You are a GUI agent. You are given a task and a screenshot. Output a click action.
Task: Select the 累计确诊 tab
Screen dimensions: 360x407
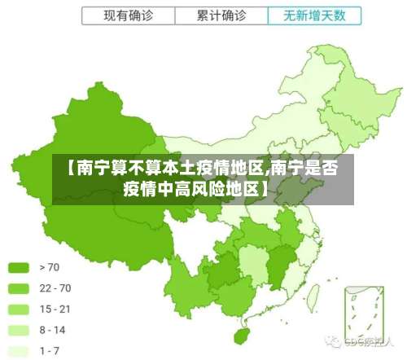(221, 15)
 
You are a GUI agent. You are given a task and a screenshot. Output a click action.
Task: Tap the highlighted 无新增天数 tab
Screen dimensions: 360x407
(313, 15)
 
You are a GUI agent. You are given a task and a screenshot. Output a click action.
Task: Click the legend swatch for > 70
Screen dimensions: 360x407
(19, 267)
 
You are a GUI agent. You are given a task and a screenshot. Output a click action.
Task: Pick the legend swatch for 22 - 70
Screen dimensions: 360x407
(19, 288)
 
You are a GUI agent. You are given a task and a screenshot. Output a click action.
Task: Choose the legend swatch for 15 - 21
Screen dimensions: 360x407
(19, 310)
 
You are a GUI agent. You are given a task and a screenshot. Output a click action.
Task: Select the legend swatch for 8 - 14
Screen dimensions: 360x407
(19, 331)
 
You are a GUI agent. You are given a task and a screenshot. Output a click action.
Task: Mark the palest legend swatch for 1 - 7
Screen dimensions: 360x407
(19, 352)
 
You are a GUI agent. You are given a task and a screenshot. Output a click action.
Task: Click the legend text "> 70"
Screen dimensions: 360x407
(49, 267)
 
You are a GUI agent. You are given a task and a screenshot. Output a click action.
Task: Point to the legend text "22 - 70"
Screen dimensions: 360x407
(55, 288)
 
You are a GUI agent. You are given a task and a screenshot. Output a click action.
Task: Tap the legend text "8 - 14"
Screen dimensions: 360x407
(53, 331)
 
